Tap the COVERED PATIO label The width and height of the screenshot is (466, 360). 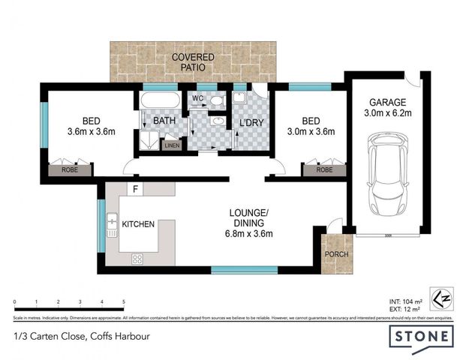tap(192, 63)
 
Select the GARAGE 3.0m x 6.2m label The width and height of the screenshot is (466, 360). tap(387, 108)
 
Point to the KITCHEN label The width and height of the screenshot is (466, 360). tap(138, 223)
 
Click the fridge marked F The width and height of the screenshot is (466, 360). tap(136, 188)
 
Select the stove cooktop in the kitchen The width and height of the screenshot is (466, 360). tap(138, 259)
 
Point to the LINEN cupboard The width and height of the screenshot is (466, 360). tap(172, 145)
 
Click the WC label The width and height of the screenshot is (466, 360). tap(199, 98)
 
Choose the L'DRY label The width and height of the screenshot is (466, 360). tap(249, 123)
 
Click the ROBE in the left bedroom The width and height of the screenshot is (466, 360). tap(69, 170)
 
